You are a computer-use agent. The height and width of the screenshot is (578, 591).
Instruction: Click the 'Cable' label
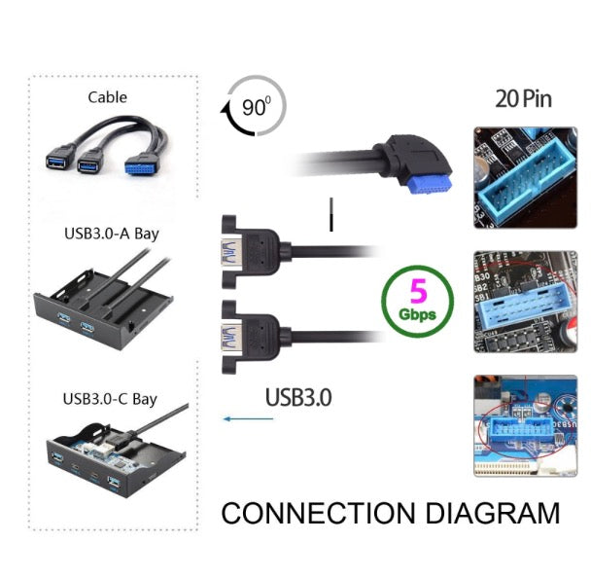[x=107, y=96]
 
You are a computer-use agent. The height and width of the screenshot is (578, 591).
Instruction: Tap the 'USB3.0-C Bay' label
[x=109, y=398]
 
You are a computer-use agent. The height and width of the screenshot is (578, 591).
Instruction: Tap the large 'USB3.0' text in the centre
[x=298, y=397]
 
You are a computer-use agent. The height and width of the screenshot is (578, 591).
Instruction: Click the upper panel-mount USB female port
[x=230, y=254]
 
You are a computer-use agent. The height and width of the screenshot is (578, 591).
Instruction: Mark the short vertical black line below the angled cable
[x=331, y=215]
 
